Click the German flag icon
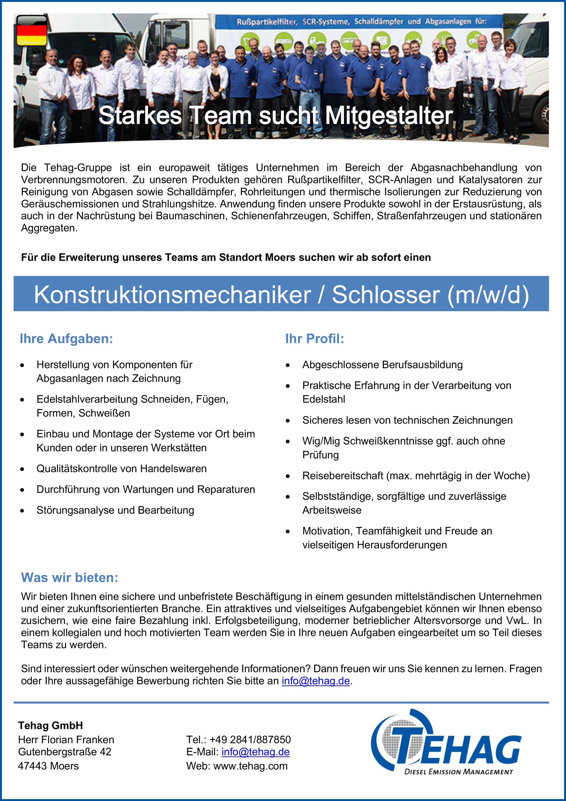click(x=32, y=30)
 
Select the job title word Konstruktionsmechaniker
click(x=172, y=295)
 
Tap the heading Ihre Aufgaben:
click(x=66, y=339)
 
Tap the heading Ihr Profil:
click(x=315, y=339)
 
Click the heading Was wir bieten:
click(x=70, y=577)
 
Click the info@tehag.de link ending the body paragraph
click(x=316, y=681)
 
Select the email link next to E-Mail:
click(x=255, y=752)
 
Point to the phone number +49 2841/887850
click(x=250, y=740)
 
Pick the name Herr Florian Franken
click(x=66, y=740)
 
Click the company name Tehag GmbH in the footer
click(x=51, y=726)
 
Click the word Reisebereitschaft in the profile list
click(x=342, y=476)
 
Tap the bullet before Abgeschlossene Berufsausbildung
click(x=288, y=365)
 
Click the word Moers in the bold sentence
click(x=278, y=258)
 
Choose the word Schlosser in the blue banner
click(x=386, y=295)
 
